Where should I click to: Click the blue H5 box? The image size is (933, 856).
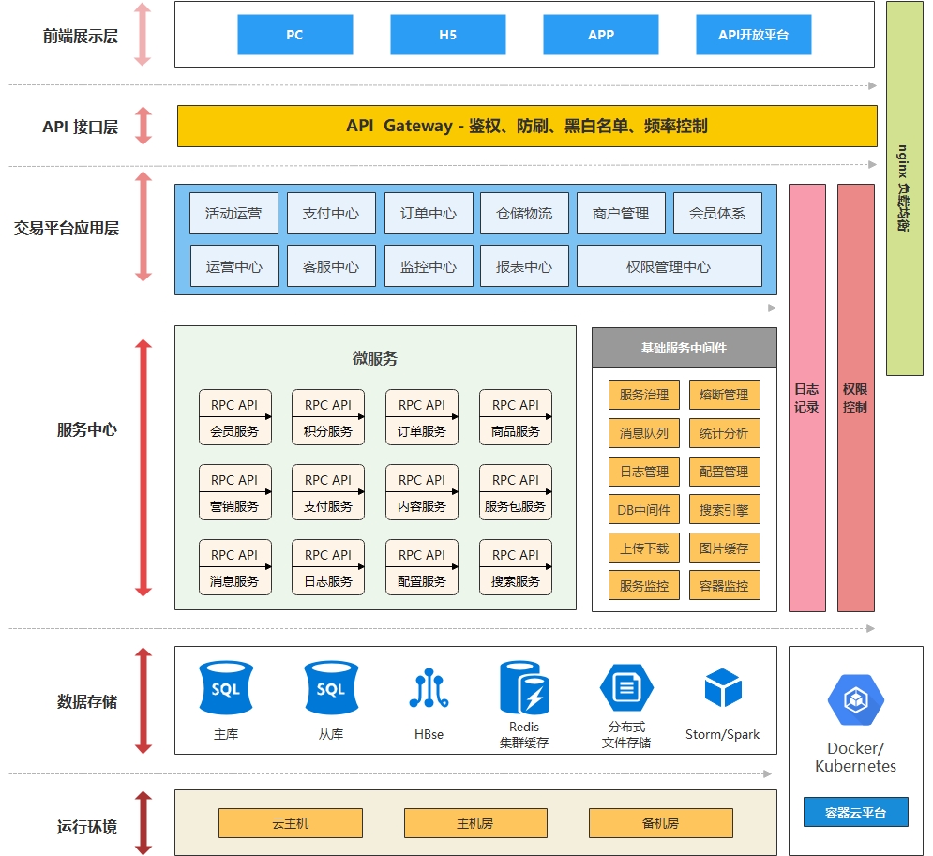click(447, 35)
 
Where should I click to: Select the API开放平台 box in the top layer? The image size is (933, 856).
click(753, 35)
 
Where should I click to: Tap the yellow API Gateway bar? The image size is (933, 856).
click(527, 126)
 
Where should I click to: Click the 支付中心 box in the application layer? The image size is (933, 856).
click(331, 213)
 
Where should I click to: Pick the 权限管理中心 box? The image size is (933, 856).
click(669, 266)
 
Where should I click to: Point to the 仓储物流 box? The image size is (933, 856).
click(524, 213)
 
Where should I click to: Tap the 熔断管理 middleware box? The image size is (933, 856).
click(724, 395)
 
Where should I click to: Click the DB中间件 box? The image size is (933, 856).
click(644, 510)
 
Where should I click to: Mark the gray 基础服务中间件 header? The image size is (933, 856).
click(684, 348)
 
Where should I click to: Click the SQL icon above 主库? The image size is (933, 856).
click(226, 688)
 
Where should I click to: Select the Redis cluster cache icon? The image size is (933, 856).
click(524, 688)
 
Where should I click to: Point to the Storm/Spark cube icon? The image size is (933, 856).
click(723, 688)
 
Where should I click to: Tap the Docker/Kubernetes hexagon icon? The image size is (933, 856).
click(855, 699)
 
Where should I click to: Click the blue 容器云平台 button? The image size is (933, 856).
click(855, 812)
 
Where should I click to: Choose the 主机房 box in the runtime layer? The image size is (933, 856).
click(475, 823)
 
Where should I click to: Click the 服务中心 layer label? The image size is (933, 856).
click(87, 430)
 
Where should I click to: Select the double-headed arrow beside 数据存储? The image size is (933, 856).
click(143, 700)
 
